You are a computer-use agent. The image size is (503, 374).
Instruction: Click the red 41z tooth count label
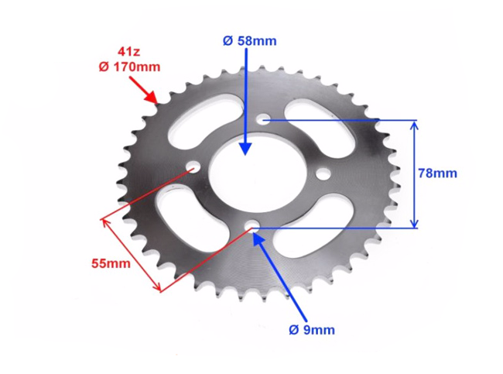tap(128, 51)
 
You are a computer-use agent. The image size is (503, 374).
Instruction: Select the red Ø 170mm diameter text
tap(128, 67)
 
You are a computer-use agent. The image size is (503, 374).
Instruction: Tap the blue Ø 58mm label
tap(248, 40)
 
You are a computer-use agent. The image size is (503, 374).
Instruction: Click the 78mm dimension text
tap(437, 173)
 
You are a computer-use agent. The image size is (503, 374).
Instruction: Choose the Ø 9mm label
tap(312, 330)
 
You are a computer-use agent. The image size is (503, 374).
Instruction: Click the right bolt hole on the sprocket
tap(323, 173)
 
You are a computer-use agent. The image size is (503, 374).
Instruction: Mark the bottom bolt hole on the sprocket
tap(252, 226)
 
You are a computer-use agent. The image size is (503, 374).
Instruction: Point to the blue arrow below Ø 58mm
tap(246, 101)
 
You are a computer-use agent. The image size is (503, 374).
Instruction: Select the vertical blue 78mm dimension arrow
tap(416, 173)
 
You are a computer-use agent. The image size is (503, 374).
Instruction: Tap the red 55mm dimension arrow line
tap(131, 256)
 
